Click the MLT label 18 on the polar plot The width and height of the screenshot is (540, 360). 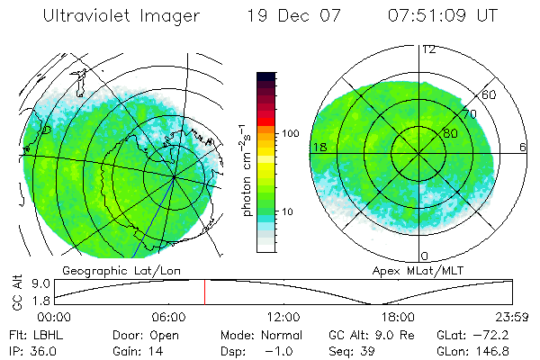[x=318, y=146]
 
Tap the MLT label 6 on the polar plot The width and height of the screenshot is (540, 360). [x=523, y=146]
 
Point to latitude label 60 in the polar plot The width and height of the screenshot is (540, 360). [x=490, y=94]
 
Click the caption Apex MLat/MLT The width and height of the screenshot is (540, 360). [x=409, y=270]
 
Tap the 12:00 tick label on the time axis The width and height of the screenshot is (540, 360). [x=283, y=317]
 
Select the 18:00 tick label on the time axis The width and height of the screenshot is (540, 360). [x=398, y=317]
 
